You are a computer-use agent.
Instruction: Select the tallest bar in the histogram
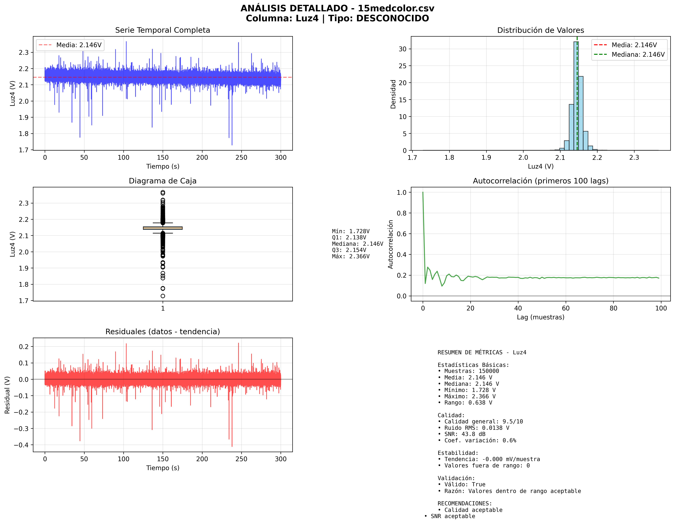pos(576,96)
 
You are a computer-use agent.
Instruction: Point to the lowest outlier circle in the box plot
pos(163,296)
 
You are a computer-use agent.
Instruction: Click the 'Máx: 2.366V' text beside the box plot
pos(350,256)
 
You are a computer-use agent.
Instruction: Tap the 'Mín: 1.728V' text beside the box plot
pos(350,231)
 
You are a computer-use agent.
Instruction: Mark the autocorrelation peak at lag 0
pos(423,192)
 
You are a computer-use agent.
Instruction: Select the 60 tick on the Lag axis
pos(566,308)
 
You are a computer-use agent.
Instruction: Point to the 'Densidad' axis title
pos(393,94)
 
